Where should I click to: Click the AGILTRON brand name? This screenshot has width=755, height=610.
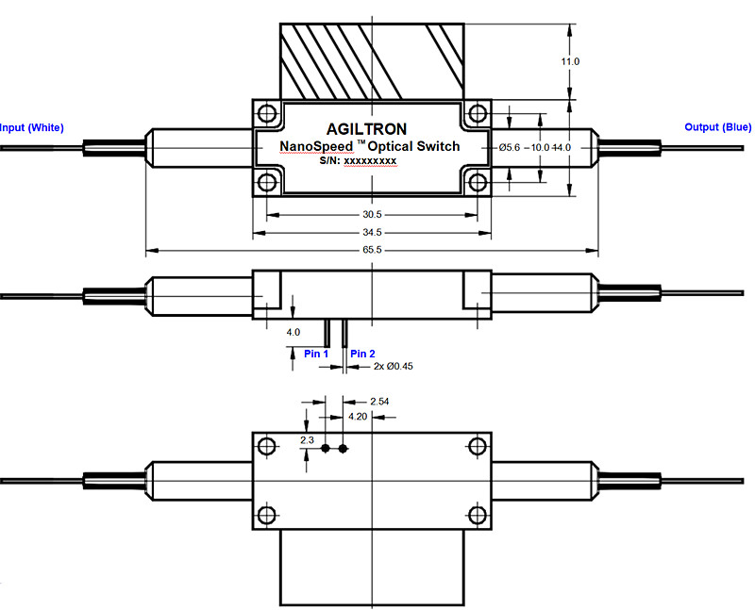tap(369, 127)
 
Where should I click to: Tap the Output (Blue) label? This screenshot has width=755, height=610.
tap(718, 128)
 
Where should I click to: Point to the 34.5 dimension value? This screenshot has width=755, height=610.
tap(371, 232)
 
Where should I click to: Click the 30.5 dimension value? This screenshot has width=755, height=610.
tap(371, 214)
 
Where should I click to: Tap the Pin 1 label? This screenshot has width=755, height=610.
tap(315, 354)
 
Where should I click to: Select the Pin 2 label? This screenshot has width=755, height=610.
tap(363, 354)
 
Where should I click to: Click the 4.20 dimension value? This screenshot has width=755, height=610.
tap(359, 416)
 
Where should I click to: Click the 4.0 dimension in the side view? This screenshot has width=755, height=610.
tap(293, 332)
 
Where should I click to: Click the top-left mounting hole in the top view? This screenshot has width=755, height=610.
tap(266, 115)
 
